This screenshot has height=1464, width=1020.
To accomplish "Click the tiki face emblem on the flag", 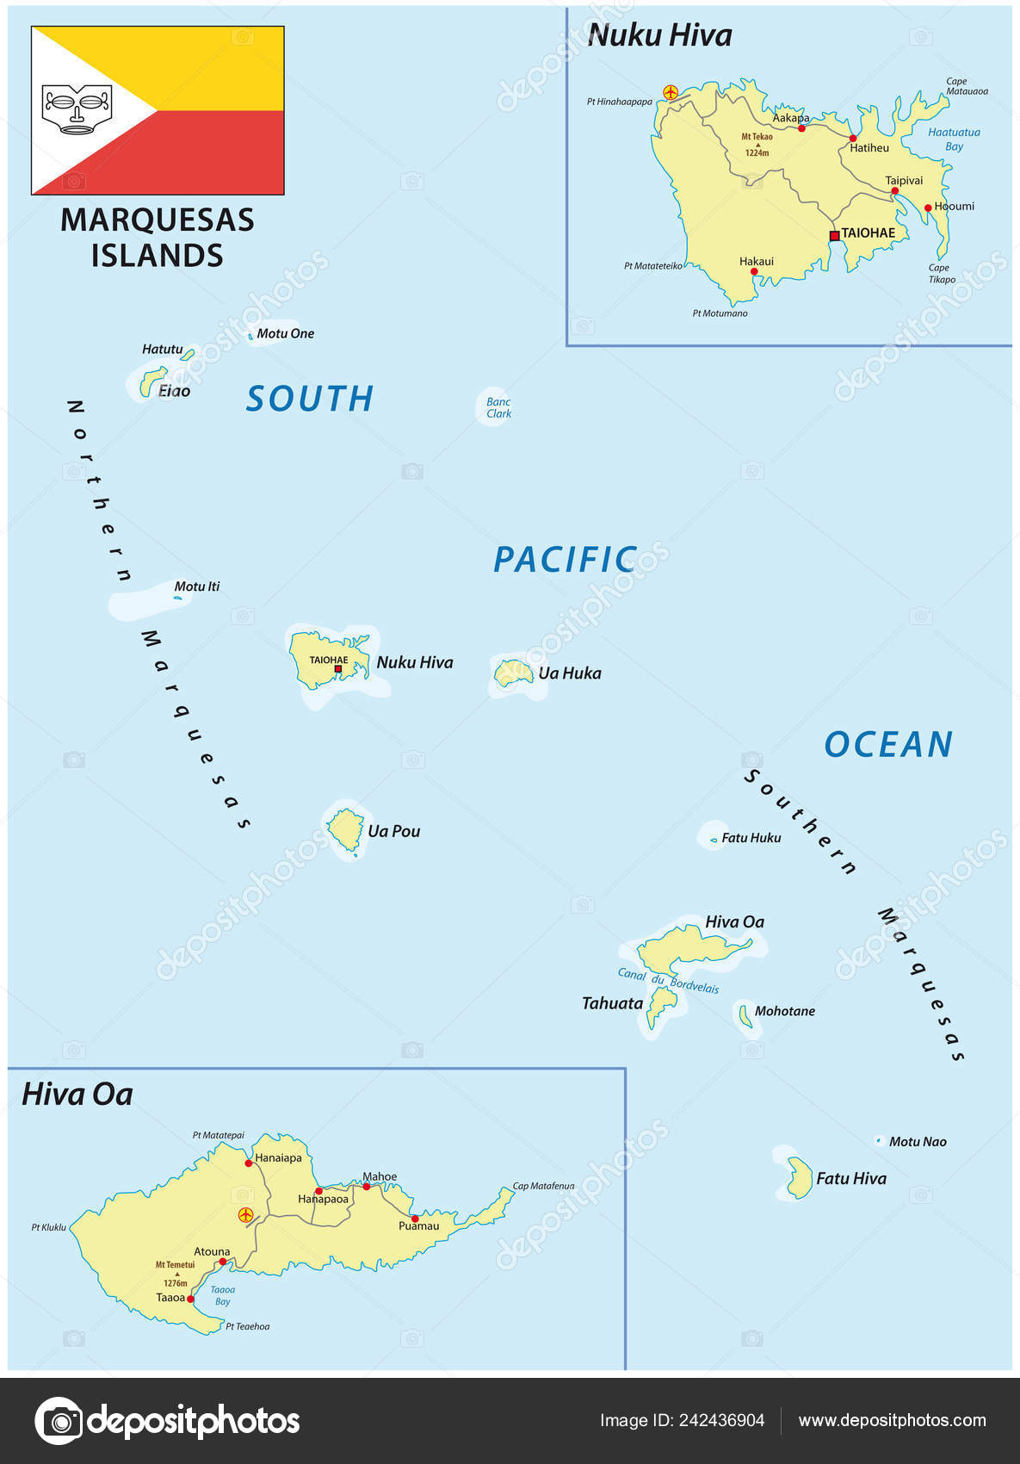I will pyautogui.click(x=77, y=109).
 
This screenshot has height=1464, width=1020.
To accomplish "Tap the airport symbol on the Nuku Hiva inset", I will pyautogui.click(x=671, y=92).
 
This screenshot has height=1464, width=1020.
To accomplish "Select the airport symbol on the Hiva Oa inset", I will pyautogui.click(x=246, y=1215).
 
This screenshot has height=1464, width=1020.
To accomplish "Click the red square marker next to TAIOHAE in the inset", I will pyautogui.click(x=834, y=235).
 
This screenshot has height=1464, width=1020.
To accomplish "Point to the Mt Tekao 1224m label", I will pyautogui.click(x=757, y=144).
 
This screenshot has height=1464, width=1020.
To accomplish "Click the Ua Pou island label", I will pyautogui.click(x=393, y=831).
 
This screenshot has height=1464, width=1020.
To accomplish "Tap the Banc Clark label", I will pyautogui.click(x=498, y=407).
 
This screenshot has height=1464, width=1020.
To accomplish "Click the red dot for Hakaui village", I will pyautogui.click(x=754, y=271).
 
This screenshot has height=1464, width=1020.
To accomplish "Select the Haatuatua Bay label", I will pyautogui.click(x=953, y=139).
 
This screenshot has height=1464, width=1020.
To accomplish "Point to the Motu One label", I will pyautogui.click(x=285, y=333).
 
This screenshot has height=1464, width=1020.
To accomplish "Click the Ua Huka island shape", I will pyautogui.click(x=514, y=673).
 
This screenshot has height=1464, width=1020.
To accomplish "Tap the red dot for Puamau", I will pyautogui.click(x=414, y=1218).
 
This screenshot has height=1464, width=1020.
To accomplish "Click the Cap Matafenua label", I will pyautogui.click(x=543, y=1186).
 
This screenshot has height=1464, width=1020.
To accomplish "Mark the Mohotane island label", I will pyautogui.click(x=784, y=1011).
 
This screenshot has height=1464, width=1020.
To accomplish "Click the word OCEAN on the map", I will pyautogui.click(x=888, y=744).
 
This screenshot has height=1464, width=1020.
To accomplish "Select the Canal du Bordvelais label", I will pyautogui.click(x=668, y=981).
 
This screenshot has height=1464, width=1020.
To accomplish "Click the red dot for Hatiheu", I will pyautogui.click(x=853, y=138).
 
